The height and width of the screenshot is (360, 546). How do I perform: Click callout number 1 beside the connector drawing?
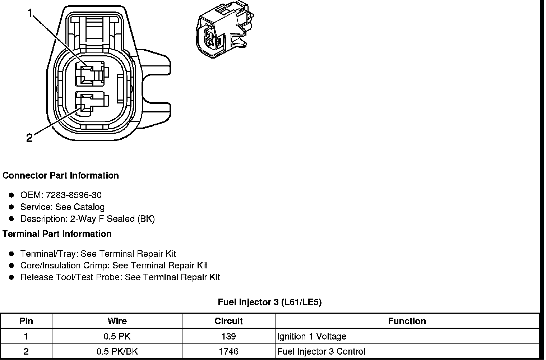pyautogui.click(x=30, y=13)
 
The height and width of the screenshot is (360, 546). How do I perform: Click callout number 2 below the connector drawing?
pyautogui.click(x=29, y=137)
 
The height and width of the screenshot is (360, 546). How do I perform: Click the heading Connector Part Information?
pyautogui.click(x=61, y=175)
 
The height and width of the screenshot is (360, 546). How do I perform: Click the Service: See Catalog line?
pyautogui.click(x=62, y=207)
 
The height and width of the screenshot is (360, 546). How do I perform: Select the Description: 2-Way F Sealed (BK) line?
pyautogui.click(x=87, y=219)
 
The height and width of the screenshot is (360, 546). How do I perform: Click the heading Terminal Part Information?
pyautogui.click(x=57, y=234)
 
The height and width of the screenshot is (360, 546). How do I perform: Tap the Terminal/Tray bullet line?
pyautogui.click(x=98, y=254)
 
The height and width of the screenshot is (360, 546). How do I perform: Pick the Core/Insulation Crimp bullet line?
pyautogui.click(x=114, y=266)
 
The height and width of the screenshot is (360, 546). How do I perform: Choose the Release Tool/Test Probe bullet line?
pyautogui.click(x=120, y=277)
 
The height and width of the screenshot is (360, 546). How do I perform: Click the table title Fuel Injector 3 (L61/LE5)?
pyautogui.click(x=270, y=302)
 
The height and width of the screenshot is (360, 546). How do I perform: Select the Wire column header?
pyautogui.click(x=117, y=321)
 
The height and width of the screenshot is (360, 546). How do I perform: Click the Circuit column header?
pyautogui.click(x=228, y=321)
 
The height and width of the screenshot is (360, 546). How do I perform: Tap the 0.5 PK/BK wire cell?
pyautogui.click(x=117, y=351)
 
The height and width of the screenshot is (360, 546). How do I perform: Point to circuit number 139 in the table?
pyautogui.click(x=228, y=336)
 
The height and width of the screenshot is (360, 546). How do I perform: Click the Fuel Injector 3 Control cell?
pyautogui.click(x=321, y=351)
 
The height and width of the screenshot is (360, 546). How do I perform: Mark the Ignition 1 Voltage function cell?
pyautogui.click(x=312, y=336)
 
